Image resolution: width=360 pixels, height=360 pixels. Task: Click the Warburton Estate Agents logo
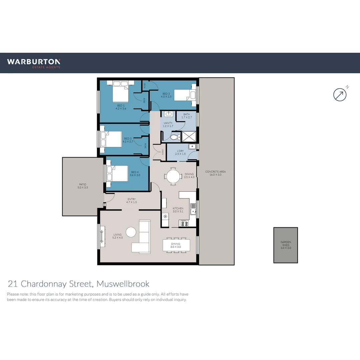(x=34, y=63)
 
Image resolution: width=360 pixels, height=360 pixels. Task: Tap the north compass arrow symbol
(x=340, y=95)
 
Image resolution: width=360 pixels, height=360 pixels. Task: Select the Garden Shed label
(x=286, y=245)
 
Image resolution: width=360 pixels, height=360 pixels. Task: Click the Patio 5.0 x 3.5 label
(x=83, y=186)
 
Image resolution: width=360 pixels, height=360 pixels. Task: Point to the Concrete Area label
(x=215, y=173)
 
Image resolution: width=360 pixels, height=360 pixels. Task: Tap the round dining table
(x=173, y=176)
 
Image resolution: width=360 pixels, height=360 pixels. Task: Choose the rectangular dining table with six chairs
(x=176, y=245)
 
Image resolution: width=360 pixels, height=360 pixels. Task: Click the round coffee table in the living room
(x=131, y=232)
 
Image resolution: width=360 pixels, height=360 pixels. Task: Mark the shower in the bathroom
(x=189, y=137)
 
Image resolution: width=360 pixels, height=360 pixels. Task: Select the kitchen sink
(x=193, y=209)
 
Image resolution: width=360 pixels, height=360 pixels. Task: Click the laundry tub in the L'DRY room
(x=192, y=147)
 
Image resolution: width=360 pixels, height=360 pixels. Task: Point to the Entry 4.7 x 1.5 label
(x=131, y=201)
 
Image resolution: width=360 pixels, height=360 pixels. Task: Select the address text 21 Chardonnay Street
(x=79, y=284)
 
